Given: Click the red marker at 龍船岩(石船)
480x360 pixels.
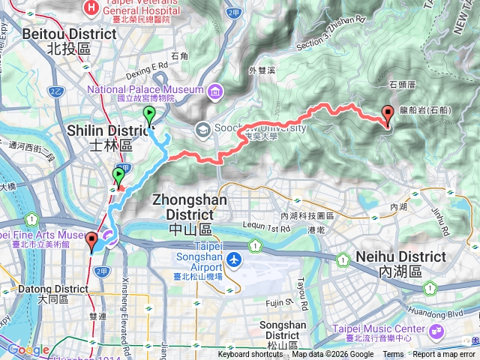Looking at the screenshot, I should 388,115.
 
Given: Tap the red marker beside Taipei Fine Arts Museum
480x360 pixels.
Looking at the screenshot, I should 91,241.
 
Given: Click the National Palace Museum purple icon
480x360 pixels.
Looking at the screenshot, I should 216,91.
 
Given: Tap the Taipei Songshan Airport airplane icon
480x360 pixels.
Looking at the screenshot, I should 235,259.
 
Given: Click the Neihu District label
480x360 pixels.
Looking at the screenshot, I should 412,256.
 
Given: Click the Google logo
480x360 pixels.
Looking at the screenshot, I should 28,349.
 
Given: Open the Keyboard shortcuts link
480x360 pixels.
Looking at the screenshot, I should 250,355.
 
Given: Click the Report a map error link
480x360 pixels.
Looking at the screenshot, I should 445,355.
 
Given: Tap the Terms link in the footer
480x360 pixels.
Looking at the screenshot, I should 393,355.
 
